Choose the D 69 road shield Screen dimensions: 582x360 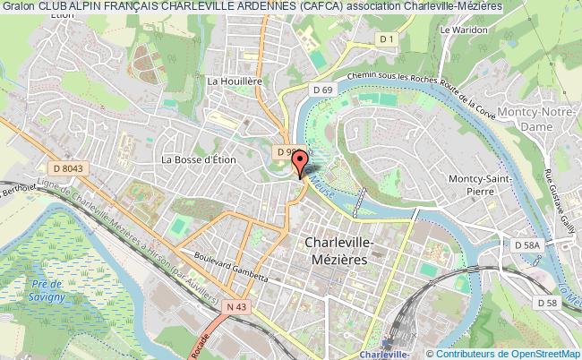tap(322, 90)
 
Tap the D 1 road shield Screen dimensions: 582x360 tap(386, 39)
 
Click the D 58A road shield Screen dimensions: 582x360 tap(527, 244)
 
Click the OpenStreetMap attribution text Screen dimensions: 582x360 tap(534, 353)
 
